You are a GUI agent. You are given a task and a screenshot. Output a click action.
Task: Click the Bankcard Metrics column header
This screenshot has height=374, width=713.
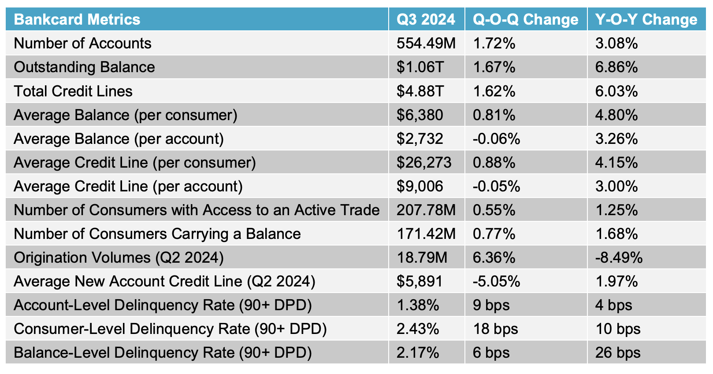tap(77, 19)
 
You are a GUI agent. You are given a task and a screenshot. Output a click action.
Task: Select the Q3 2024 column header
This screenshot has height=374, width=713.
tap(426, 19)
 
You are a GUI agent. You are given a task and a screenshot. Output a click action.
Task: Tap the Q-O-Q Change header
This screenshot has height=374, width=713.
tap(525, 19)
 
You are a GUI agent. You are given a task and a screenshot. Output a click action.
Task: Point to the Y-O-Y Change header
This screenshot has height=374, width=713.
tap(646, 19)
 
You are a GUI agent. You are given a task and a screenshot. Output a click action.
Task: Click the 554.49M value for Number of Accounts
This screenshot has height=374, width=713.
tap(426, 43)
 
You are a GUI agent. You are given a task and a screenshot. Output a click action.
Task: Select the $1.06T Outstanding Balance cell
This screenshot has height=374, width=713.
tap(420, 67)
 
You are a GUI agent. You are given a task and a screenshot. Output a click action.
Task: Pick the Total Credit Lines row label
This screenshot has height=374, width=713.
tap(73, 91)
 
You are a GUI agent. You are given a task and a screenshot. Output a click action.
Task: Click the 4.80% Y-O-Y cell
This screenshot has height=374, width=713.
tap(616, 115)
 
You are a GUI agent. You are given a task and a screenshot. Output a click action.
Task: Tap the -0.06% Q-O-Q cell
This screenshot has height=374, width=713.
tap(496, 139)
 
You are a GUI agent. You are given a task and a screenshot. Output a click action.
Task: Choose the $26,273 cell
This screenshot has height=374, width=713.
tap(423, 162)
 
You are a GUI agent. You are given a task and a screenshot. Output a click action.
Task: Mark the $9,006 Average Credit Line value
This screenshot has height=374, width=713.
tap(420, 186)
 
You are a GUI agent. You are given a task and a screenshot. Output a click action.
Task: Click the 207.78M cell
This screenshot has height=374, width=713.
tap(426, 210)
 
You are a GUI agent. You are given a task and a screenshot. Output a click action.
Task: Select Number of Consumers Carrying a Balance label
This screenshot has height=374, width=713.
tap(157, 234)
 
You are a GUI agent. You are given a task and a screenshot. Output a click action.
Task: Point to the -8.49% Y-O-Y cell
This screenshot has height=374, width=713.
tap(618, 257)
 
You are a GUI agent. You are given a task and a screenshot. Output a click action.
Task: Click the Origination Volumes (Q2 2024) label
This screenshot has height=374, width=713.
tap(119, 257)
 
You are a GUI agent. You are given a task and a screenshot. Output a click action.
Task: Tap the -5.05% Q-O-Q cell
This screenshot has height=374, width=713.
tap(496, 281)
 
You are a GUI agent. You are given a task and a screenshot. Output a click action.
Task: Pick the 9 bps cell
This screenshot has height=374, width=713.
tap(491, 305)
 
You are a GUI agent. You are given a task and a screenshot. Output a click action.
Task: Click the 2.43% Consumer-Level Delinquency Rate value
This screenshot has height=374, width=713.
tap(417, 329)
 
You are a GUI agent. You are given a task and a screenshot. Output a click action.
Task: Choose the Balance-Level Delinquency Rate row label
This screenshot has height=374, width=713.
tap(163, 352)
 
